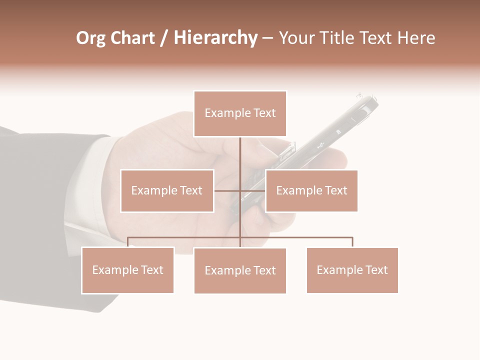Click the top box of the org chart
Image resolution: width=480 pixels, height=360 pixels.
(x=240, y=113)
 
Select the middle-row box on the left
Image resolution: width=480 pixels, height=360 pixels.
(x=167, y=190)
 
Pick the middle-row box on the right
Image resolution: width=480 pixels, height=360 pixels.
(x=311, y=190)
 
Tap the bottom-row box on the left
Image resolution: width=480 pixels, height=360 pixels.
(x=128, y=270)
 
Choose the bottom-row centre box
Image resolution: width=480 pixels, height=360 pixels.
(x=240, y=270)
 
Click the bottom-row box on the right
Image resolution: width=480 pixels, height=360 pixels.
(x=352, y=270)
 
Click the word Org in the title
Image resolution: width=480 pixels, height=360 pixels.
(x=90, y=38)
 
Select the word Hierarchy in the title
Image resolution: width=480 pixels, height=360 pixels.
(x=215, y=38)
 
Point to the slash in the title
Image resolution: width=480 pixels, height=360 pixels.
(x=164, y=38)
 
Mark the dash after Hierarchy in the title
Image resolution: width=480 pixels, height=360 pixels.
(x=267, y=38)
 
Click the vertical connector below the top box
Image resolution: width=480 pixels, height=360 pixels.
(x=240, y=155)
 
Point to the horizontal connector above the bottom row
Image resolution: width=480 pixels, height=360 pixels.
(x=300, y=237)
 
